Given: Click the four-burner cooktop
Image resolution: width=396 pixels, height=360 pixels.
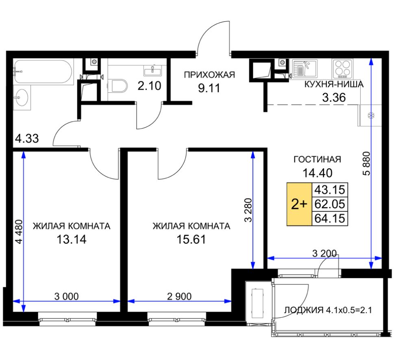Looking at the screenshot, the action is pos(342,69).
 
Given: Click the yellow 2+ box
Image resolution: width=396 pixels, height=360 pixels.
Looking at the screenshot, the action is pos(299,204).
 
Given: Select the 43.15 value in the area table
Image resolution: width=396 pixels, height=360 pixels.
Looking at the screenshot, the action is pos(330,190).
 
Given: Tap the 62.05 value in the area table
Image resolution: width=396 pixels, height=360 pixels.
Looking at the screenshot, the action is pos(330,204).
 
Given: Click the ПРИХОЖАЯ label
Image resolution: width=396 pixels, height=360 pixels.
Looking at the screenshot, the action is pos(209,75).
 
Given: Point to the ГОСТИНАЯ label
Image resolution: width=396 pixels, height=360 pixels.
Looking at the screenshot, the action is pos(317,159).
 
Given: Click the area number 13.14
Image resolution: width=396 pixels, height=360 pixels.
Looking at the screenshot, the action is pos(72,239).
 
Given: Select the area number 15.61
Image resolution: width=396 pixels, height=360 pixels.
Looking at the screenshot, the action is pos(191,239).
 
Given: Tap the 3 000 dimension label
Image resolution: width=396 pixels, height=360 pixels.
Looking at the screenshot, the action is pos(66,296).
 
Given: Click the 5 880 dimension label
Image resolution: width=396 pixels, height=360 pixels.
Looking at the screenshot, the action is pos(366,164).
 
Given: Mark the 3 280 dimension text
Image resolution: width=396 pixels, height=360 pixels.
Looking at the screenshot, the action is pos(248,210).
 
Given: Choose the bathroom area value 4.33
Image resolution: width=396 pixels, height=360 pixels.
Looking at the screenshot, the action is pos(27,138).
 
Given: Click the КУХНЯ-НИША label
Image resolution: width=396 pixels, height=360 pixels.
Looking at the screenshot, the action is pos(334,84).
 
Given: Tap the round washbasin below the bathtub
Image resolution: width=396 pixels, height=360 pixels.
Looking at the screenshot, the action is pos(22,97).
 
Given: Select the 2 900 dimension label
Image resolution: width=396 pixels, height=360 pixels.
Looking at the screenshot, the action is pos(179,296).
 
